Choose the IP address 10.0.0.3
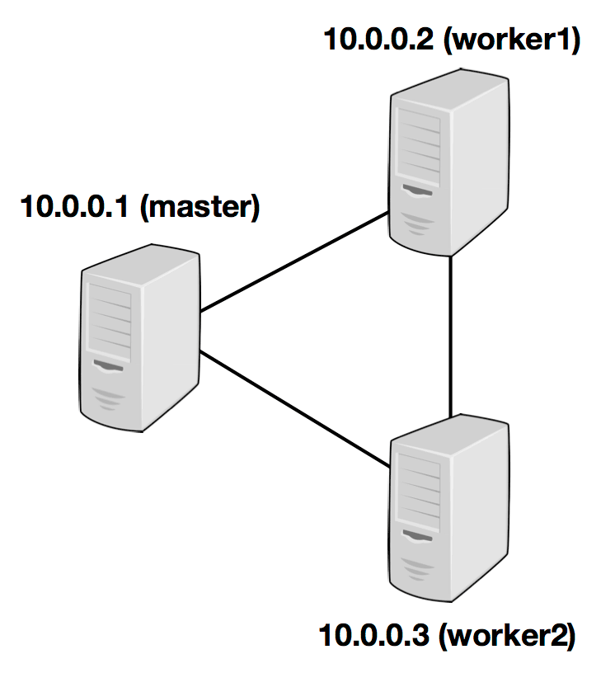click(374, 637)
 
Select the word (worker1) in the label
click(511, 39)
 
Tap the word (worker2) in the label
click(507, 637)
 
